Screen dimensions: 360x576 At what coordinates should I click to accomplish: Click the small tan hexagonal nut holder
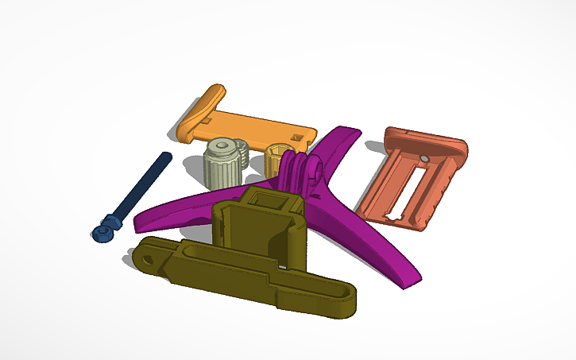click(278, 153)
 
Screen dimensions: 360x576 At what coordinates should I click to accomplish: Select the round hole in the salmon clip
click(427, 160)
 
